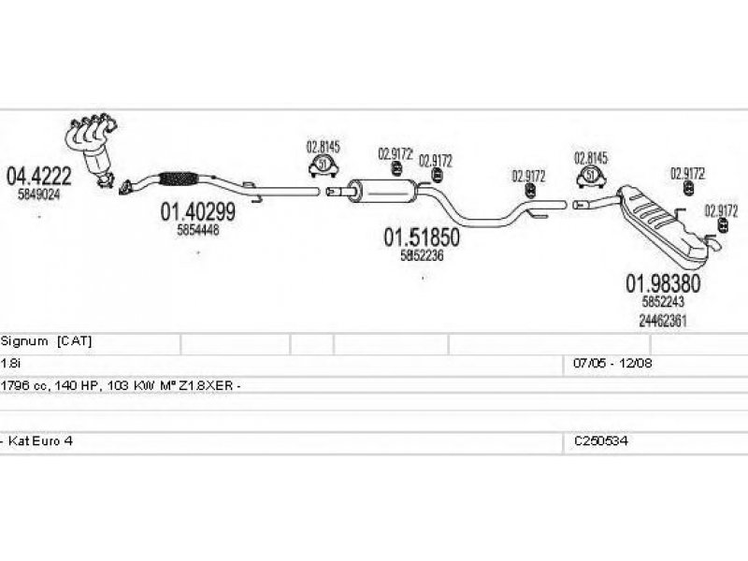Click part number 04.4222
pos(39,176)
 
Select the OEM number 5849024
pos(39,194)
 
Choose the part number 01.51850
pos(422,238)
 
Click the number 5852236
pos(422,255)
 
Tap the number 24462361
pos(663,319)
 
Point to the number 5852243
pos(663,302)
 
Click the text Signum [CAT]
pos(47,342)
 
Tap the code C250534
pos(600,439)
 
